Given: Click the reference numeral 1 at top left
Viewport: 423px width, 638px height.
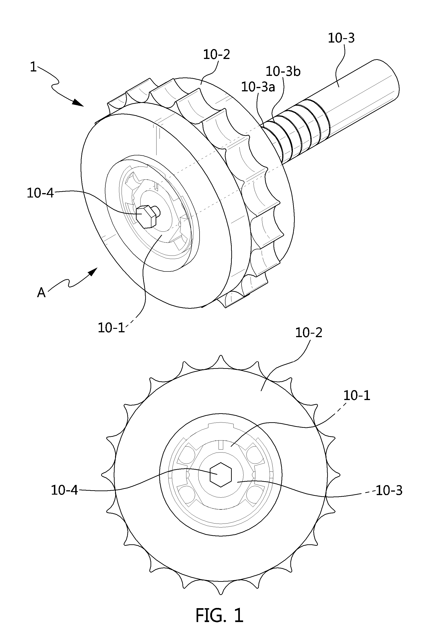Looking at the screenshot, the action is pyautogui.click(x=33, y=67).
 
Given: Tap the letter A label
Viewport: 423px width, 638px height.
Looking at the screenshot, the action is pyautogui.click(x=41, y=293).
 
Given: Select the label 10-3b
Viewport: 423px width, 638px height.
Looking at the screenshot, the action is pyautogui.click(x=283, y=71).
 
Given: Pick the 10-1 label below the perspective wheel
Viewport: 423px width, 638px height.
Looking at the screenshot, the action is pyautogui.click(x=111, y=328).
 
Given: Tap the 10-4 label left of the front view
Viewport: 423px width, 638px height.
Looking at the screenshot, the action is pyautogui.click(x=64, y=490).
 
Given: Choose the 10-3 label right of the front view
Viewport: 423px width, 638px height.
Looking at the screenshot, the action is pyautogui.click(x=389, y=491).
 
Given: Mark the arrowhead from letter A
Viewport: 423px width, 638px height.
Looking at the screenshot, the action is pyautogui.click(x=93, y=272).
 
